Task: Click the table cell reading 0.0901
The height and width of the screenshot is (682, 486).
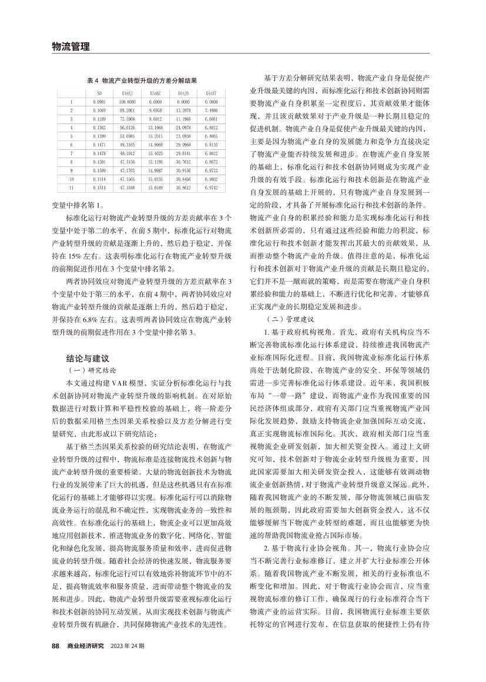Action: click(99, 102)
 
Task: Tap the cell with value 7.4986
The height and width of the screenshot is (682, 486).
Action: click(211, 110)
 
